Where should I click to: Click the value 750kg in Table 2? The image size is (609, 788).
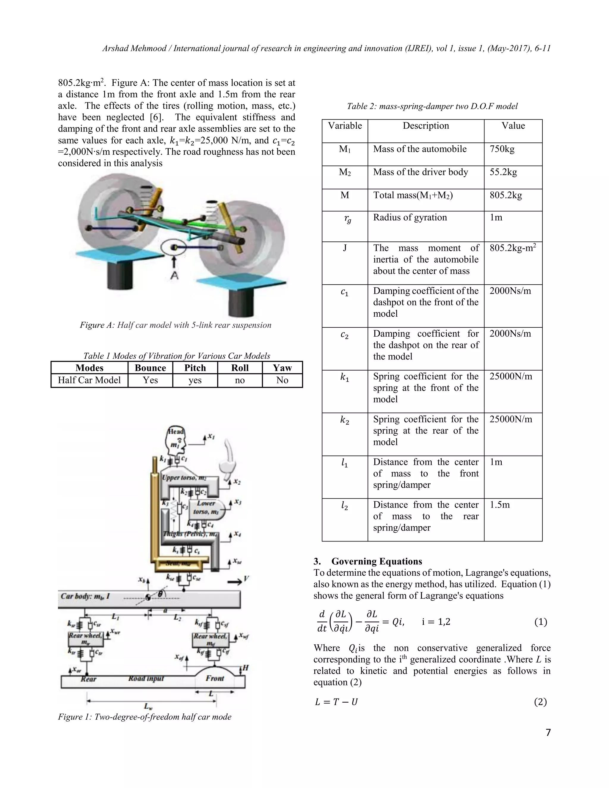pyautogui.click(x=502, y=149)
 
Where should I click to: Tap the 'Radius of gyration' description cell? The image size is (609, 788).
pyautogui.click(x=410, y=218)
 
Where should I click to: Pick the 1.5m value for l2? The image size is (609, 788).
pyautogui.click(x=500, y=505)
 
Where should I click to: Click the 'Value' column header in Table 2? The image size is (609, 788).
pyautogui.click(x=513, y=126)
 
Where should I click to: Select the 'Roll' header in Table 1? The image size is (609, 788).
pyautogui.click(x=240, y=368)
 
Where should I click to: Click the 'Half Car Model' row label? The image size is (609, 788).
pyautogui.click(x=89, y=380)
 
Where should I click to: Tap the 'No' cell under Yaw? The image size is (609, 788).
pyautogui.click(x=282, y=380)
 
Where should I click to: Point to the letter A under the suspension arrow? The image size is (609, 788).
pyautogui.click(x=174, y=276)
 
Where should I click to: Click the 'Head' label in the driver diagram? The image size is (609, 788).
pyautogui.click(x=176, y=431)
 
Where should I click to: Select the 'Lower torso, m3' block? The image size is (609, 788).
pyautogui.click(x=206, y=507)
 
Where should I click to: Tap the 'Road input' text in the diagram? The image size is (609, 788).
pyautogui.click(x=146, y=679)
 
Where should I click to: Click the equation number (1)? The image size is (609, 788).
pyautogui.click(x=540, y=622)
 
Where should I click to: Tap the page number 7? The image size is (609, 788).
pyautogui.click(x=548, y=733)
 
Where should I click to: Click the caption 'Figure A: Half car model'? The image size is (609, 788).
pyautogui.click(x=175, y=325)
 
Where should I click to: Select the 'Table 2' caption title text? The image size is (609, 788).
pyautogui.click(x=432, y=106)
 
